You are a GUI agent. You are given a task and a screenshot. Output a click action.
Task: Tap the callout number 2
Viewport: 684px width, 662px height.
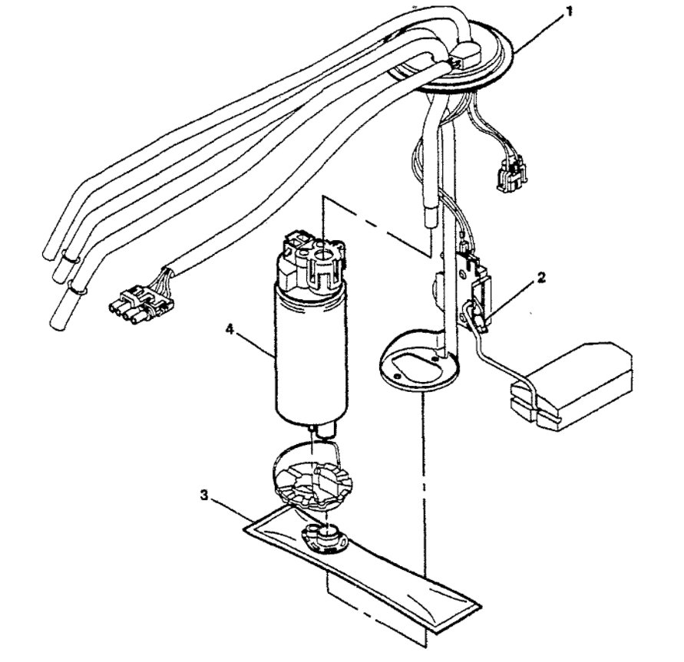[x=541, y=278]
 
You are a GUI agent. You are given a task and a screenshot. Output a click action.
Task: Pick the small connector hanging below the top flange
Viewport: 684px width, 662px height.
[x=507, y=174]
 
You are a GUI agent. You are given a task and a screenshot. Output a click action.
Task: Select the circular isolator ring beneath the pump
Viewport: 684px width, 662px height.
[x=310, y=480]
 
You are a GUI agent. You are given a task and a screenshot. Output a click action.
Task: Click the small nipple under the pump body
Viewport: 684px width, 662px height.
[x=321, y=433]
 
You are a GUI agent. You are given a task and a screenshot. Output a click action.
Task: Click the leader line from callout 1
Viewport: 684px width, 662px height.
[x=537, y=31]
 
